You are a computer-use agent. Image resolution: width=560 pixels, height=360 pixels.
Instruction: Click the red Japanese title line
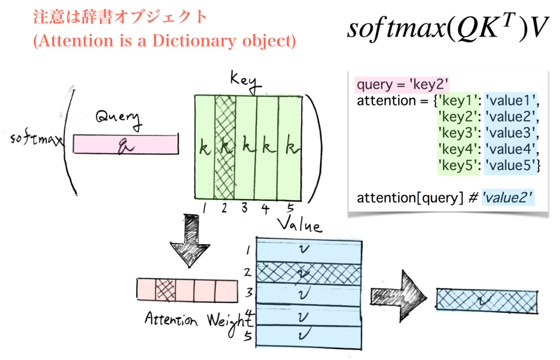click(x=120, y=17)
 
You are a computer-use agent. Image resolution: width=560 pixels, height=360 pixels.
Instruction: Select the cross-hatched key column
click(x=225, y=148)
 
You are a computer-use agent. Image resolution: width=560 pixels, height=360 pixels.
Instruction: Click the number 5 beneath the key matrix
click(x=290, y=208)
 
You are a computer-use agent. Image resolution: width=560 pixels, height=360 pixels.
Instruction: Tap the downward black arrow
click(x=190, y=240)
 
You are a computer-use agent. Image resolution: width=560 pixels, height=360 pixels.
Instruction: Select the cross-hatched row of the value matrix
click(x=308, y=273)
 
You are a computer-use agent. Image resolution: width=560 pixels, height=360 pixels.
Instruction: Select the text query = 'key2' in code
click(x=402, y=85)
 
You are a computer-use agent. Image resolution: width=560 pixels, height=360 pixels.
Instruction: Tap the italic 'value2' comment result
click(x=507, y=198)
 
